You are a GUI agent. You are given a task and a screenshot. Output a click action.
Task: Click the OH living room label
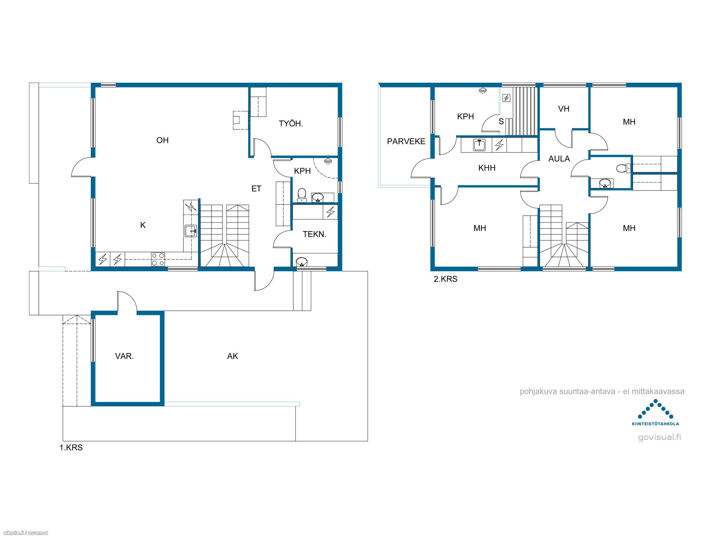point(162,140)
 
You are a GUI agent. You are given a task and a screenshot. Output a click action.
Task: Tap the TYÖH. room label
point(291,124)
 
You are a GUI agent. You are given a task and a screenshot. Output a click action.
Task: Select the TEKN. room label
point(314,234)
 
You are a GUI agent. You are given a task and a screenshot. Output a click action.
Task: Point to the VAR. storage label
point(124,356)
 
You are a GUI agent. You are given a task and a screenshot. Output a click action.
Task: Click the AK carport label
point(233,356)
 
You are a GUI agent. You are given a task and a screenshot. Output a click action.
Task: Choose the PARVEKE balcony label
point(406,142)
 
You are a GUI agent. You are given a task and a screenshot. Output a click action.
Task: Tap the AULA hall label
point(559,159)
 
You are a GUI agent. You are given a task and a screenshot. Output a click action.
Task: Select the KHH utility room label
point(487,168)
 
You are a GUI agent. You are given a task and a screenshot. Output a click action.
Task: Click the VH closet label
point(564,109)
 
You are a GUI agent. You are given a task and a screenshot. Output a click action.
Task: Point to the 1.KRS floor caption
point(71,448)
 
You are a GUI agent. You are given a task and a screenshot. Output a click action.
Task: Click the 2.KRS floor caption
point(446,279)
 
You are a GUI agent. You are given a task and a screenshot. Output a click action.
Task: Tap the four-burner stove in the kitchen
point(158,259)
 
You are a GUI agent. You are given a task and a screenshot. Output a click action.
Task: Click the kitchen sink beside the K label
point(191,231)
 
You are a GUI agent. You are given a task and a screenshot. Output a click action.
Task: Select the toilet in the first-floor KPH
point(302,195)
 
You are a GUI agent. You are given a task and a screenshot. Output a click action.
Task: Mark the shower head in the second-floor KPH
point(483,91)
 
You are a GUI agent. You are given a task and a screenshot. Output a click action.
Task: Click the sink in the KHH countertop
point(479,145)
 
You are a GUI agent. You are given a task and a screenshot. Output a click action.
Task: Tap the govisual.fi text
point(659,437)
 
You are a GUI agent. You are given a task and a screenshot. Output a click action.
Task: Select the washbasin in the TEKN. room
point(302,262)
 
